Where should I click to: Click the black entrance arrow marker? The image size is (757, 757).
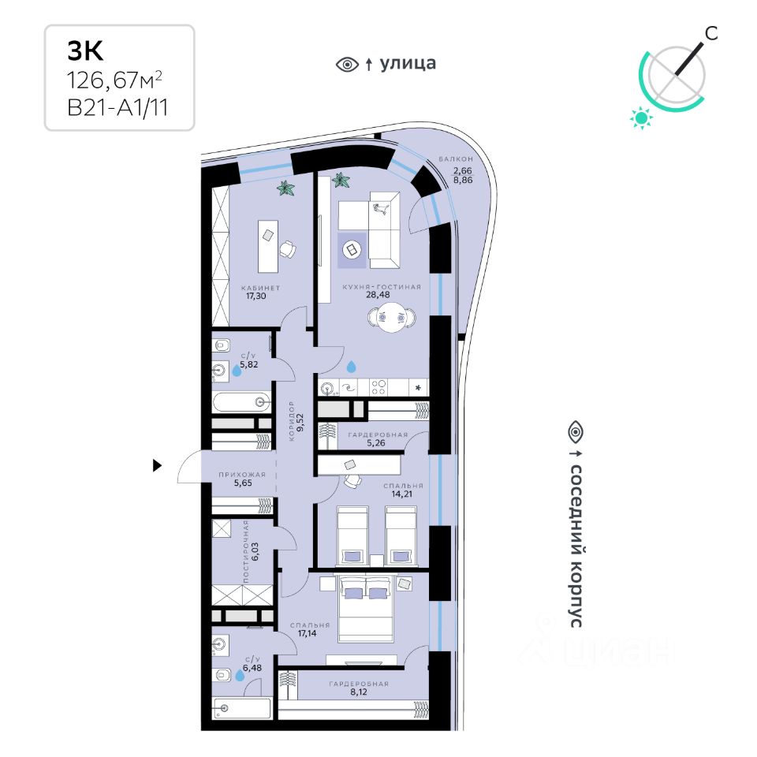click(x=157, y=466)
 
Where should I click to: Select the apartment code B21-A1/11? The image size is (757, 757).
click(x=118, y=108)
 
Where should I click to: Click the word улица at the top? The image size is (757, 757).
click(x=408, y=64)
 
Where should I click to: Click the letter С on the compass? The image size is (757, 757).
click(x=710, y=32)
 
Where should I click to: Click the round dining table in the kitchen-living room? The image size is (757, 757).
click(x=392, y=318)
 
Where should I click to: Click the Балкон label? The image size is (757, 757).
click(x=456, y=160)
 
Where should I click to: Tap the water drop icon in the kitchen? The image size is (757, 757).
click(x=351, y=367)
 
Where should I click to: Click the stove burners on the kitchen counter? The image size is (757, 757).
click(x=378, y=386)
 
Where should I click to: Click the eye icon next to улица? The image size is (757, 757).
click(x=347, y=65)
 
